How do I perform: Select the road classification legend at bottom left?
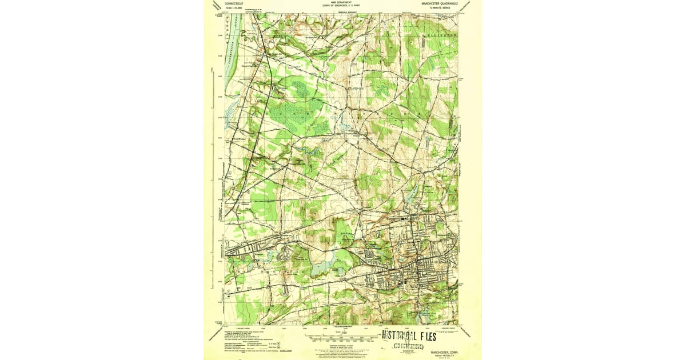[x=243, y=346]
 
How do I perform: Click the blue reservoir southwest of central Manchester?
[x=318, y=265]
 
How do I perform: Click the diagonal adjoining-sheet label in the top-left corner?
[x=216, y=5]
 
